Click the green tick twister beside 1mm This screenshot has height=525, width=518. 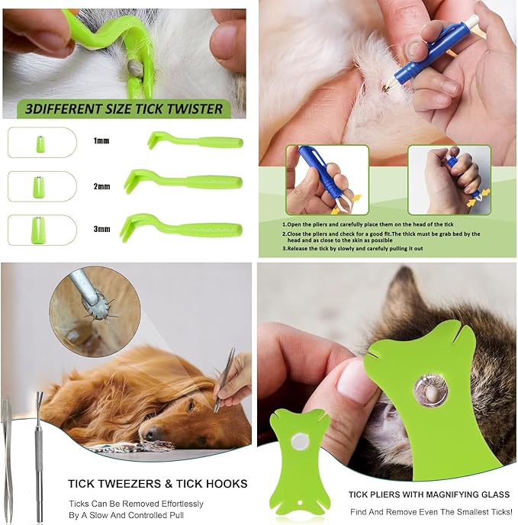(x=195, y=141)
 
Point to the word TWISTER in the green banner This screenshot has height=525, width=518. (x=191, y=109)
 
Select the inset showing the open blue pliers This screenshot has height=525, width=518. (x=327, y=179)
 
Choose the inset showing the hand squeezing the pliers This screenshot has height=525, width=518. (x=449, y=179)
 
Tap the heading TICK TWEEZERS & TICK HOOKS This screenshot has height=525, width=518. (x=157, y=483)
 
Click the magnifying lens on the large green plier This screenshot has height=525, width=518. (x=430, y=389)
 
